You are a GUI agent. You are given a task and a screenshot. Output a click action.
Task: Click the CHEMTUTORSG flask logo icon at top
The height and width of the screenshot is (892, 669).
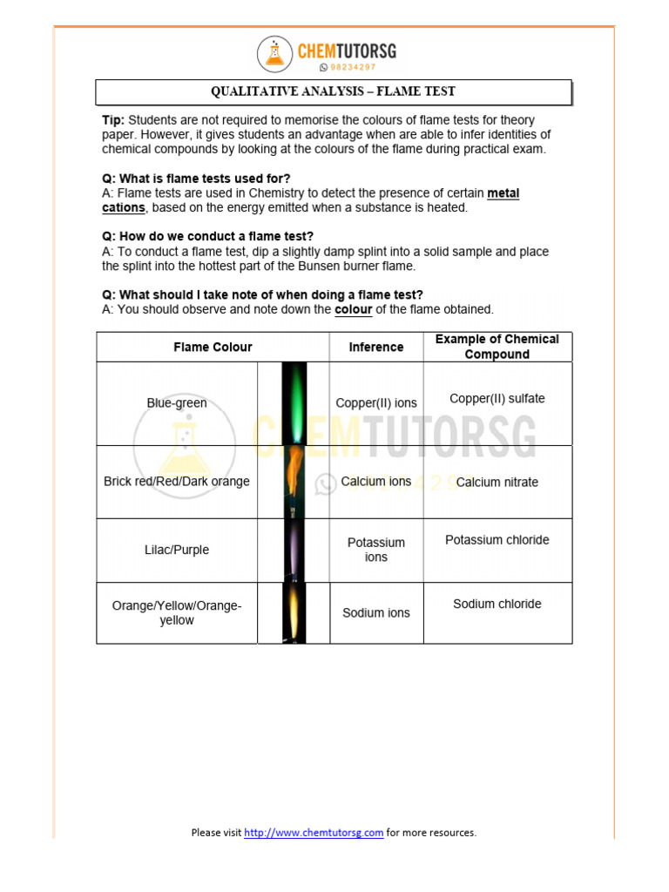point(275,54)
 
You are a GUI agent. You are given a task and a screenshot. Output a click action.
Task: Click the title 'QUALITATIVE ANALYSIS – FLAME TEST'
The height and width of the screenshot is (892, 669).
point(333,91)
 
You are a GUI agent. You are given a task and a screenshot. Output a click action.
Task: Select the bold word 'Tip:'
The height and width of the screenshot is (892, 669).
point(113,120)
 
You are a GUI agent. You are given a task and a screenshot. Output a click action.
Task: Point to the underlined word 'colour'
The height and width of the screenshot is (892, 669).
point(353,309)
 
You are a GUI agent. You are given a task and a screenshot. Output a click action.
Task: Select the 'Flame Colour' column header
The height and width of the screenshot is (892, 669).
point(213,347)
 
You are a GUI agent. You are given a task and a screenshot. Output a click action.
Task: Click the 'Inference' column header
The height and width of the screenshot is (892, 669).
point(376,347)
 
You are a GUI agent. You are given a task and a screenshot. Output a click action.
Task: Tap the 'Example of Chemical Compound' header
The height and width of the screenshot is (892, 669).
point(497,347)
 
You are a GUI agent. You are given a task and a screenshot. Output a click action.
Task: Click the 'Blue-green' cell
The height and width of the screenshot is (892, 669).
point(177,403)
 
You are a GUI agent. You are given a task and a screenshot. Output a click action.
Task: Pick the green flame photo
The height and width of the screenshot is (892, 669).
point(294,403)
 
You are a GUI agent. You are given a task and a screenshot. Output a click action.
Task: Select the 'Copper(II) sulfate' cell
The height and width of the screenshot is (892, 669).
point(497,399)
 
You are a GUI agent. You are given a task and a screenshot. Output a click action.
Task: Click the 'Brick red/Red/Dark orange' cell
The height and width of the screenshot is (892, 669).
point(177,482)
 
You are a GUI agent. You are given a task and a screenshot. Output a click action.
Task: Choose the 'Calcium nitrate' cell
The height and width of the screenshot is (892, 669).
point(497,483)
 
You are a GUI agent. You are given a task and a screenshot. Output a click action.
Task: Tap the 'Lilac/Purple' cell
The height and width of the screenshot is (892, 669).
point(177,551)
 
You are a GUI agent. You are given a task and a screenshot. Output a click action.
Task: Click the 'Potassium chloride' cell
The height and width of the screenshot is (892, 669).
point(497,540)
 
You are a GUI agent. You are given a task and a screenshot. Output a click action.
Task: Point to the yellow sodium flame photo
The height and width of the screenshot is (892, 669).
point(294,613)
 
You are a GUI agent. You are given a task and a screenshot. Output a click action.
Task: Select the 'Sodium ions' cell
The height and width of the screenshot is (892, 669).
point(376,613)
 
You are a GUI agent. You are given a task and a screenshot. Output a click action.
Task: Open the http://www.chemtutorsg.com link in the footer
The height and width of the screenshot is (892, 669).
point(314,833)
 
